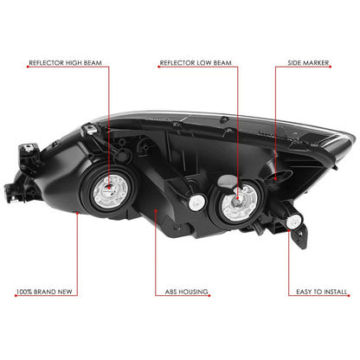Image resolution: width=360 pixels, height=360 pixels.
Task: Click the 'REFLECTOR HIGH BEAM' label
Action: coord(65,63)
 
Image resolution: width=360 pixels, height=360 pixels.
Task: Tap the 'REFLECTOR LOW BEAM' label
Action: coord(196,63)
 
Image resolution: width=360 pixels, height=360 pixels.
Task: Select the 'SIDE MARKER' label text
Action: coord(308,63)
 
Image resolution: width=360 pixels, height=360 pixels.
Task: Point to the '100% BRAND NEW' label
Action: coord(44,292)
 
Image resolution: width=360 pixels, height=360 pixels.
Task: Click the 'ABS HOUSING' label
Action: coord(186,292)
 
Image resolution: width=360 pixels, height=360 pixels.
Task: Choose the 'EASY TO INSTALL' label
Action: coord(322,292)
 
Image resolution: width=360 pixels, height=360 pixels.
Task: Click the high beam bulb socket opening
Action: coord(110,190)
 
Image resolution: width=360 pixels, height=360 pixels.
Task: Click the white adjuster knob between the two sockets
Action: coord(197,202)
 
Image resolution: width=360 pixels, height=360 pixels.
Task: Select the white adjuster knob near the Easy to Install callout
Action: coord(294,222)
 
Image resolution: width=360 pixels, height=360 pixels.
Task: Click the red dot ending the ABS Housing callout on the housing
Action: coord(156,210)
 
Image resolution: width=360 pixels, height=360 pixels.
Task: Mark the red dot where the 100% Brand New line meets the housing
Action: coord(77,213)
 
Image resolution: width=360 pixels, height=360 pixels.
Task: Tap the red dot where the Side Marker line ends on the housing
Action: coord(275,179)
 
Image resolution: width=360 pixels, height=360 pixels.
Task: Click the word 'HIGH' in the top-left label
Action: coord(74,63)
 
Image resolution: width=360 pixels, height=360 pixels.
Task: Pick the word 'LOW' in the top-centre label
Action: coord(203,63)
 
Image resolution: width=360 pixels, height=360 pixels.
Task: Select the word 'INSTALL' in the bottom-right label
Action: coord(335,292)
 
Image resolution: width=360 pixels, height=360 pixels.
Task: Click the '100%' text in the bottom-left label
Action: coord(24,292)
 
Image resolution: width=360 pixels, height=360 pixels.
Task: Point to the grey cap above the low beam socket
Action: coord(227,181)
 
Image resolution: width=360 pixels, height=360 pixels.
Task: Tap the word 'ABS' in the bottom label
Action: coord(170,292)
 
